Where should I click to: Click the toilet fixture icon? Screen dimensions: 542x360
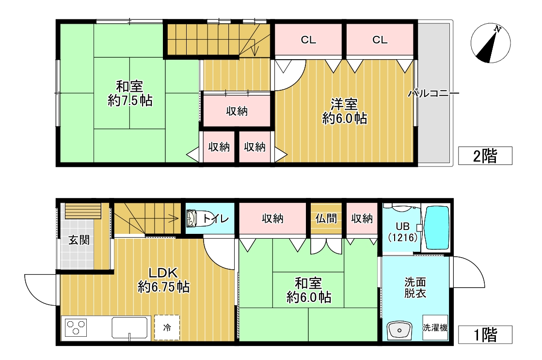pyautogui.click(x=194, y=218)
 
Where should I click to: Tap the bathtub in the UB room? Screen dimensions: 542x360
pyautogui.click(x=437, y=228)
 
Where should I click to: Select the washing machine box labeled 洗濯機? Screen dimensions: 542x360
pyautogui.click(x=435, y=327)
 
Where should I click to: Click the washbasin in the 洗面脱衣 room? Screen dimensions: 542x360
pyautogui.click(x=399, y=330)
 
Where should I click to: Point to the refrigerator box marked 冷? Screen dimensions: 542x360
pyautogui.click(x=167, y=327)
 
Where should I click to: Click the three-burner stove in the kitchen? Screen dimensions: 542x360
pyautogui.click(x=76, y=327)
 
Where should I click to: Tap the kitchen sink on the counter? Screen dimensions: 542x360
pyautogui.click(x=129, y=327)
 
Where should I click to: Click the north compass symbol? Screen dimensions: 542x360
pyautogui.click(x=491, y=43)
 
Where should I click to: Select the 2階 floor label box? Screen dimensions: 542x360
pyautogui.click(x=485, y=156)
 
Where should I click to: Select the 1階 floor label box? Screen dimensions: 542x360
pyautogui.click(x=485, y=335)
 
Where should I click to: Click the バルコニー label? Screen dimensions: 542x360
pyautogui.click(x=434, y=93)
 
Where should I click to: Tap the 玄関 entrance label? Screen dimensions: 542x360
pyautogui.click(x=79, y=240)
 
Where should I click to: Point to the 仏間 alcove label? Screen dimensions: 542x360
pyautogui.click(x=326, y=218)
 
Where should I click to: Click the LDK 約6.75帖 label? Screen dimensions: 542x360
pyautogui.click(x=163, y=280)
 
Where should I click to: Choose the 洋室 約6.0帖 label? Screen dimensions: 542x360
pyautogui.click(x=344, y=111)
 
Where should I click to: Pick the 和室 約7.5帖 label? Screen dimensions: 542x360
pyautogui.click(x=129, y=93)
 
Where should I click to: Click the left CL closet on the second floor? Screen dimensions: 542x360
pyautogui.click(x=308, y=40)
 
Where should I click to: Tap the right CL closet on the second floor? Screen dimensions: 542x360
pyautogui.click(x=380, y=40)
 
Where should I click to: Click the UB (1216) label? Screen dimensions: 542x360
pyautogui.click(x=403, y=232)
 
